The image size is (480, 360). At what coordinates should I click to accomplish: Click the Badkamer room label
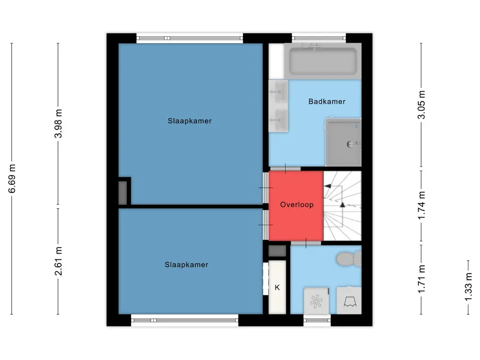327,101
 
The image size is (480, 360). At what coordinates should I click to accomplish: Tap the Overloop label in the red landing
297,204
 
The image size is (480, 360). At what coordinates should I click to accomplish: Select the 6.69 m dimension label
12,179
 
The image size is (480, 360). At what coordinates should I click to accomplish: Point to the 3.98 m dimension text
58,124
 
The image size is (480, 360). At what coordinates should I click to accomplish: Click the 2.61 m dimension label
58,261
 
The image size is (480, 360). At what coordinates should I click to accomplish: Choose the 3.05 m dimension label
421,105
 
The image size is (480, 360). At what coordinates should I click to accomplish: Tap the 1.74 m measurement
421,205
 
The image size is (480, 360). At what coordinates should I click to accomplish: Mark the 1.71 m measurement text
421,279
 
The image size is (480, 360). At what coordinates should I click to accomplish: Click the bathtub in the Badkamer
322,61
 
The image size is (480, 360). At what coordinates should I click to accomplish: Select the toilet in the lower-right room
349,259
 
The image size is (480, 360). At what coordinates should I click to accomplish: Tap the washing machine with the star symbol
316,301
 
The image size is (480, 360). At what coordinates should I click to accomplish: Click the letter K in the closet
277,287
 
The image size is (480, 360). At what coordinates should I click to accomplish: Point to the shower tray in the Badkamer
343,142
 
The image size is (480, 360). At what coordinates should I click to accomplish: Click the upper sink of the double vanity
278,92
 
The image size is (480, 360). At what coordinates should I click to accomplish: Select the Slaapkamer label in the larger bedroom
189,121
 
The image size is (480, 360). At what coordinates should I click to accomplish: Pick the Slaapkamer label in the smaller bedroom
187,265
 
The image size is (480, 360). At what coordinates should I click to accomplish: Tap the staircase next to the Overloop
342,206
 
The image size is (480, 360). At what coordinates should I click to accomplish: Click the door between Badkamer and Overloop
285,169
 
